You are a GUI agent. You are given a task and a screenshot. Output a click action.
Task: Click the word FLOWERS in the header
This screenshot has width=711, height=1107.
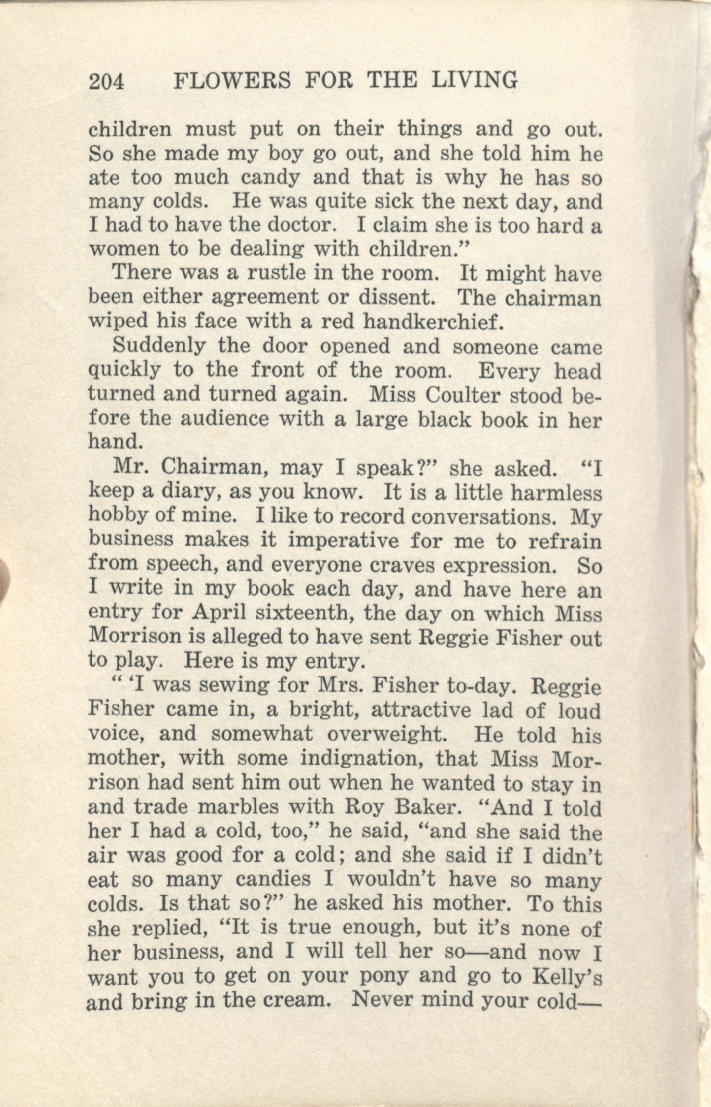click(x=232, y=81)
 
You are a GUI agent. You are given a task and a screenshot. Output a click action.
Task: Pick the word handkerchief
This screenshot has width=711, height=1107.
click(x=431, y=321)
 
